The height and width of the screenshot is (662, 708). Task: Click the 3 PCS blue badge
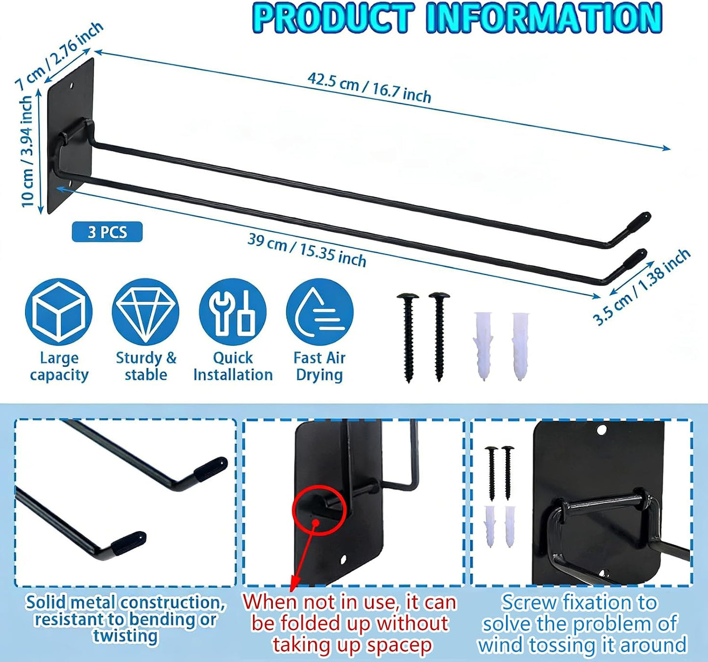click(107, 232)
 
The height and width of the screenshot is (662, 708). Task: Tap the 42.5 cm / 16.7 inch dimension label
click(370, 88)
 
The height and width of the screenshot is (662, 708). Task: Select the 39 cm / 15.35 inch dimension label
click(307, 250)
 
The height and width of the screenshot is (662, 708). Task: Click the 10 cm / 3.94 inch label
click(28, 152)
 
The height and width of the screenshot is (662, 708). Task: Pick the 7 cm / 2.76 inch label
click(59, 55)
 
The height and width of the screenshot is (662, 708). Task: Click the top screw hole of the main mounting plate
click(72, 86)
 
